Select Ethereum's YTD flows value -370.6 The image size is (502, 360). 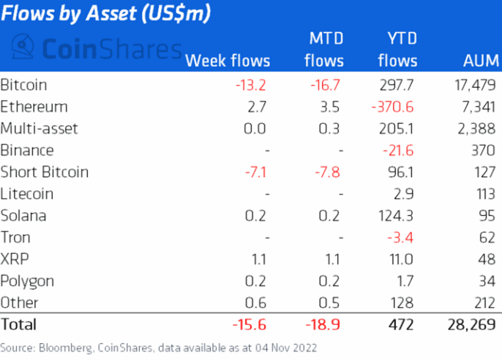click(393, 107)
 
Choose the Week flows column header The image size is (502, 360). click(228, 61)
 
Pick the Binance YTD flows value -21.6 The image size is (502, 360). click(399, 151)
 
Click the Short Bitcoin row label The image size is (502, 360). click(45, 173)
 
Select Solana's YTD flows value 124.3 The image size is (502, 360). click(397, 216)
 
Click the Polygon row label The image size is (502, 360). click(28, 281)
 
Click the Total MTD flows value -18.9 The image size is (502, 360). click(323, 323)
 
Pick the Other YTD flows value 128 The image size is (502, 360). click(404, 302)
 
